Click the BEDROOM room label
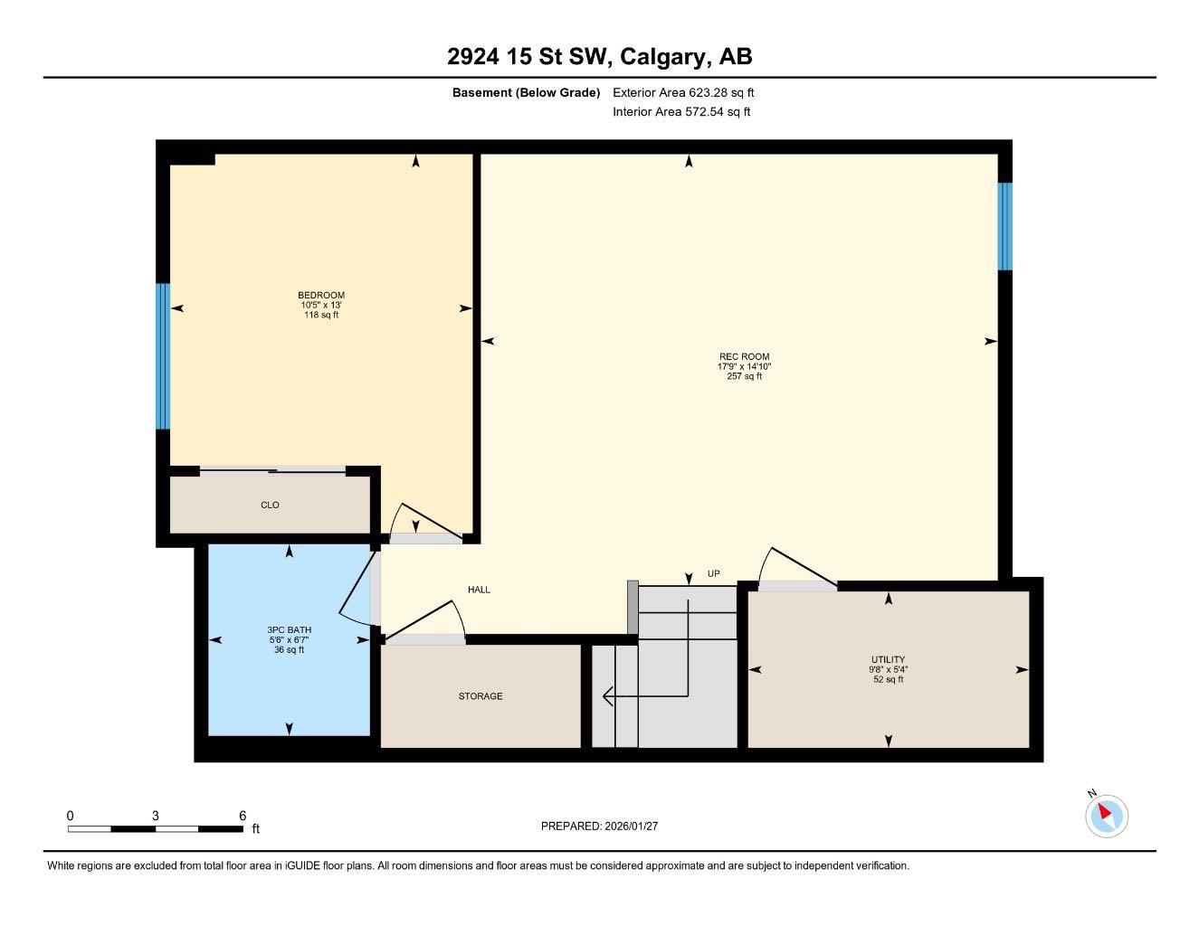click(x=321, y=296)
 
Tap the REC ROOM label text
click(x=744, y=356)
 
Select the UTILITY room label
click(x=888, y=660)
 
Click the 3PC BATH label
click(x=289, y=630)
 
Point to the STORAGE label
click(x=480, y=696)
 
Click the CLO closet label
click(x=270, y=505)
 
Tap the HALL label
click(x=479, y=590)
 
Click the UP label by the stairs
click(x=713, y=574)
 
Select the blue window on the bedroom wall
click(x=163, y=356)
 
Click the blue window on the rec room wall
click(x=1004, y=227)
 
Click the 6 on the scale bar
click(x=243, y=816)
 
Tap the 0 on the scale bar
click(x=70, y=816)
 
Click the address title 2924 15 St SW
click(x=599, y=57)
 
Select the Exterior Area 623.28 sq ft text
click(x=683, y=92)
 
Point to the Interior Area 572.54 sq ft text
click(x=681, y=112)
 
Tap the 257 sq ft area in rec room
click(x=744, y=377)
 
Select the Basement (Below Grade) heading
click(x=526, y=92)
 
